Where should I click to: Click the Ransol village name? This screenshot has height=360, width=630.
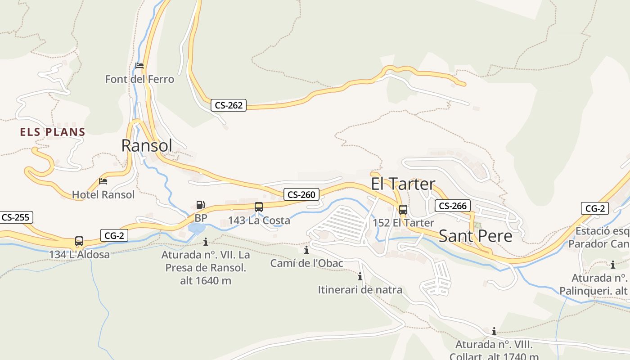point(147,145)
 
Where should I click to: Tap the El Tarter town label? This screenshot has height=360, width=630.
point(403,184)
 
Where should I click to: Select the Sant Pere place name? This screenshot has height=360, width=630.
point(475,236)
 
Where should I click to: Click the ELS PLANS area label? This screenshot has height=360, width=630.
point(53,132)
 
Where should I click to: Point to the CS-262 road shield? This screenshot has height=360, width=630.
point(229,105)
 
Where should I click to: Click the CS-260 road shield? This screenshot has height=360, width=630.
point(301,194)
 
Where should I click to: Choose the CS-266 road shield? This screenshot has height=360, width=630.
point(452,206)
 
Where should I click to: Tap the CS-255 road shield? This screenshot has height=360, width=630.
point(15,217)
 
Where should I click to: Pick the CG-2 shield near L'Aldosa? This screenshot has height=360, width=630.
point(114,235)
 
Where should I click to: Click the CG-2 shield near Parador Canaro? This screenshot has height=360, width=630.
point(595,208)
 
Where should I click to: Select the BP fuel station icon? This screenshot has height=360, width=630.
point(200,205)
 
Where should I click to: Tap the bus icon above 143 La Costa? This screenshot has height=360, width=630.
point(258,207)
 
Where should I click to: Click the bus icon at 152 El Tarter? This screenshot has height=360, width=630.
point(403,209)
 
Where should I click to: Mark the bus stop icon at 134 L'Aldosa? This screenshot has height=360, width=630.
point(79,241)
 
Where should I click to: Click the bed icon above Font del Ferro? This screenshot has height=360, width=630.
point(139,66)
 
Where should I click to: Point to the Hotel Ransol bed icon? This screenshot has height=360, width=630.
point(103,181)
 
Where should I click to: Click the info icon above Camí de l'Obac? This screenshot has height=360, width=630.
point(306,250)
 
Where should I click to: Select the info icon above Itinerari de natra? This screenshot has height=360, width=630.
point(360,276)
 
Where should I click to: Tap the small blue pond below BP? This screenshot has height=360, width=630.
point(196,229)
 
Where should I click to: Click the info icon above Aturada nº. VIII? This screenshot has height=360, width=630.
point(494,332)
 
